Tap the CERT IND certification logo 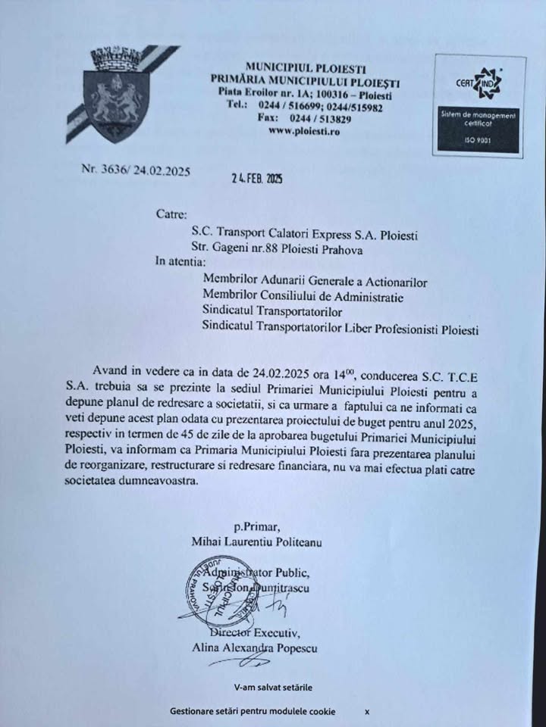479,83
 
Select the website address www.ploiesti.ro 305,131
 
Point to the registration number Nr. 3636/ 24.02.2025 135,170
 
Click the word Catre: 170,215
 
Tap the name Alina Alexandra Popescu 255,648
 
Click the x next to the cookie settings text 367,711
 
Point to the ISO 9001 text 479,142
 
